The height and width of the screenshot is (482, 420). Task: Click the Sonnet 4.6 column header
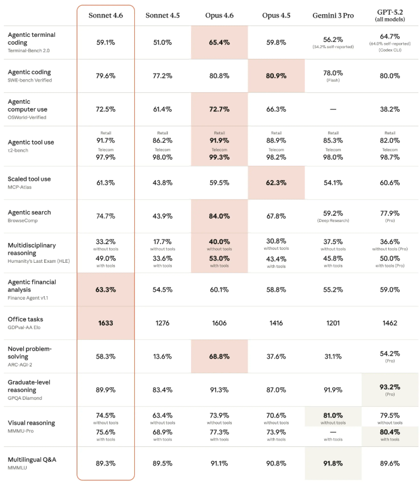coord(106,15)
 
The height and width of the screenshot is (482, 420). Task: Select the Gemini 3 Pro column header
coord(333,15)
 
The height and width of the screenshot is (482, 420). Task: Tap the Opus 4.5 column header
coord(276,15)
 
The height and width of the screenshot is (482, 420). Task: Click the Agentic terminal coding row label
coord(32,39)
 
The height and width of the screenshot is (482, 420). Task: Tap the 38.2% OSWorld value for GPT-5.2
coord(390,109)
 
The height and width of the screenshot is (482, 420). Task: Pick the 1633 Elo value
coord(106,323)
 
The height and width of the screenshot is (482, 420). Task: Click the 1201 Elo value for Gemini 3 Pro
coord(333,323)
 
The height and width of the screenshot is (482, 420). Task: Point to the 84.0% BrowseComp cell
coord(219,216)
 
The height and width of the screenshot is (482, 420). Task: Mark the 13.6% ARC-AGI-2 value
coord(163,356)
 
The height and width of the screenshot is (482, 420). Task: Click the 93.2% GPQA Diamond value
coord(390,387)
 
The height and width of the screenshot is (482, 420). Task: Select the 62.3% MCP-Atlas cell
coord(276,182)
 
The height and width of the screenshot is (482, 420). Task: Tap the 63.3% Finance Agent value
coord(106,289)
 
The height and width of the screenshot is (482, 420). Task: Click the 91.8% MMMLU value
coord(333,463)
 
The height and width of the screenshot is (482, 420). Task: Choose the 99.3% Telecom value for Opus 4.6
coord(219,157)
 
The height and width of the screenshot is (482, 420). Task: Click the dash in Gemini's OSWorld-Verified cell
coord(333,109)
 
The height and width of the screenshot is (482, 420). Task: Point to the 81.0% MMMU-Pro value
coord(333,415)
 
